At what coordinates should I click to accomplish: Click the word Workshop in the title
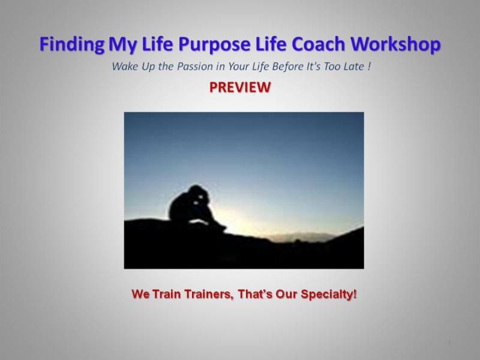coord(401,44)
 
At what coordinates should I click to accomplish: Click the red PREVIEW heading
coord(240,88)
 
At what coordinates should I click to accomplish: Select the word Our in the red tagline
coord(289,295)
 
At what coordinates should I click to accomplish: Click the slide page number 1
coord(449,343)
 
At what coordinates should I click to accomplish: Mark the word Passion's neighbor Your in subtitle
coord(230,66)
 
